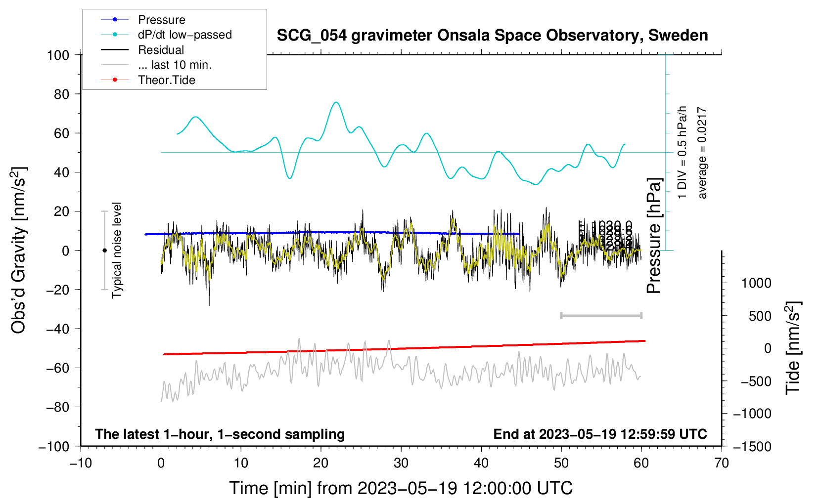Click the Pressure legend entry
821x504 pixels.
click(161, 20)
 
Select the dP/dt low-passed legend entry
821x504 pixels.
click(184, 35)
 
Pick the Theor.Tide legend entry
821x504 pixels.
click(167, 80)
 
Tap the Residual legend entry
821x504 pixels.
click(161, 50)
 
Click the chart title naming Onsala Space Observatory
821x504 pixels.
click(492, 36)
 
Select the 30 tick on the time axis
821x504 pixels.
click(401, 463)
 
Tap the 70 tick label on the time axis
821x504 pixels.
click(722, 463)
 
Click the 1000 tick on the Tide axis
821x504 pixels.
click(756, 283)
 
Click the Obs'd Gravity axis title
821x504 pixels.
click(18, 250)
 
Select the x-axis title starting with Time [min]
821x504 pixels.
click(401, 488)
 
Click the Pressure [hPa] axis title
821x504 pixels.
click(654, 236)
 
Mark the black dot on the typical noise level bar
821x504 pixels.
click(104, 251)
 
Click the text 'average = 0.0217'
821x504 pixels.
click(702, 153)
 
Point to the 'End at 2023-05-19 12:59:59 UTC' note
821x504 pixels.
click(600, 434)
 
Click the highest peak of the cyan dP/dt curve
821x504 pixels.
click(336, 102)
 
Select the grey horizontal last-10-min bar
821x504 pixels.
click(601, 316)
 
